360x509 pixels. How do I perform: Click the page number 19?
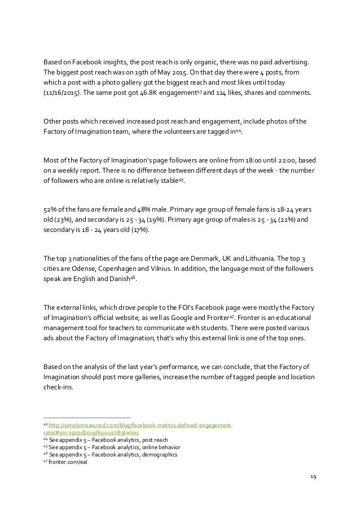(313, 476)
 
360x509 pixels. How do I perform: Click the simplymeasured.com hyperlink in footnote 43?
(141, 425)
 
